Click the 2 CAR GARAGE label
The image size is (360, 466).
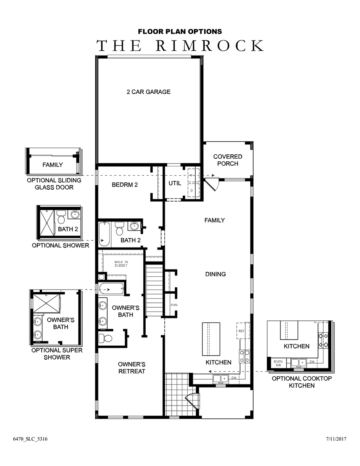point(149,92)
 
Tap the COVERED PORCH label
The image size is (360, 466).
point(228,160)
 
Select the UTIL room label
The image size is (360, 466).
point(175,183)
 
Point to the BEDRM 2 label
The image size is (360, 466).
point(125,185)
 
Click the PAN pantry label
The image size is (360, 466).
point(174,305)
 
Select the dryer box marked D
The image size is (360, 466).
point(193,190)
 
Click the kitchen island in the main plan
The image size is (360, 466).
point(211,339)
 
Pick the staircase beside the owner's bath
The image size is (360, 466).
point(154,290)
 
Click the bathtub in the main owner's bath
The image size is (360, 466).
point(111,289)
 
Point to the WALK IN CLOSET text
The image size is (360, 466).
point(121,264)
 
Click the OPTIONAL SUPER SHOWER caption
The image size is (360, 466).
point(57,354)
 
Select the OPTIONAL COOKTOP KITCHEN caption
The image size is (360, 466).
point(302,382)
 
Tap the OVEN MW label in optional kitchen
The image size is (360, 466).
point(278,363)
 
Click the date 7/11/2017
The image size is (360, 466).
point(336,439)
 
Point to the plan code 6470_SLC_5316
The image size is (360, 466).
point(30,439)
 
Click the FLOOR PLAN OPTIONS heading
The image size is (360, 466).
point(180,32)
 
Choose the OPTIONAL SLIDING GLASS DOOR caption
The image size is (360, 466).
point(54,184)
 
